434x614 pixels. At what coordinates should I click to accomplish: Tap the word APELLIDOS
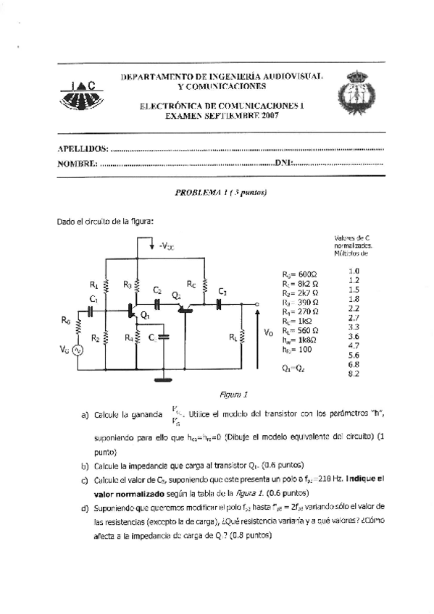pyautogui.click(x=83, y=148)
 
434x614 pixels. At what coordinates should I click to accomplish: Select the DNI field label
pyautogui.click(x=283, y=164)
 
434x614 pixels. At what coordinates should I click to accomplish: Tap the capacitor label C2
pyautogui.click(x=157, y=290)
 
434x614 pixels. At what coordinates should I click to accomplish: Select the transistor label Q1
pyautogui.click(x=145, y=315)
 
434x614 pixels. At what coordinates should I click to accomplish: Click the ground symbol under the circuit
pyautogui.click(x=165, y=378)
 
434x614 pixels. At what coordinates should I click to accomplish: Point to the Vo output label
pyautogui.click(x=269, y=332)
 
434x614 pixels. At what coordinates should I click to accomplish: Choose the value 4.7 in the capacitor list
pyautogui.click(x=354, y=346)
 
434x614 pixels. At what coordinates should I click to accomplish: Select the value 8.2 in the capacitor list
pyautogui.click(x=354, y=374)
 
